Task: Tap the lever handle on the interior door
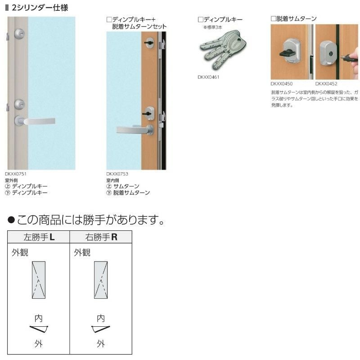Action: pos(134,130)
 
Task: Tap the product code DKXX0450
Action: pos(282,84)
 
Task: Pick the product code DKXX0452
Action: pos(326,84)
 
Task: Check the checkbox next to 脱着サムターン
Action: pos(273,19)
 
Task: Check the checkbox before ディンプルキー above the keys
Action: pos(200,20)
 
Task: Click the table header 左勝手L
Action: pos(38,237)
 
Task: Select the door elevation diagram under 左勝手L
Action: pos(39,279)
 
